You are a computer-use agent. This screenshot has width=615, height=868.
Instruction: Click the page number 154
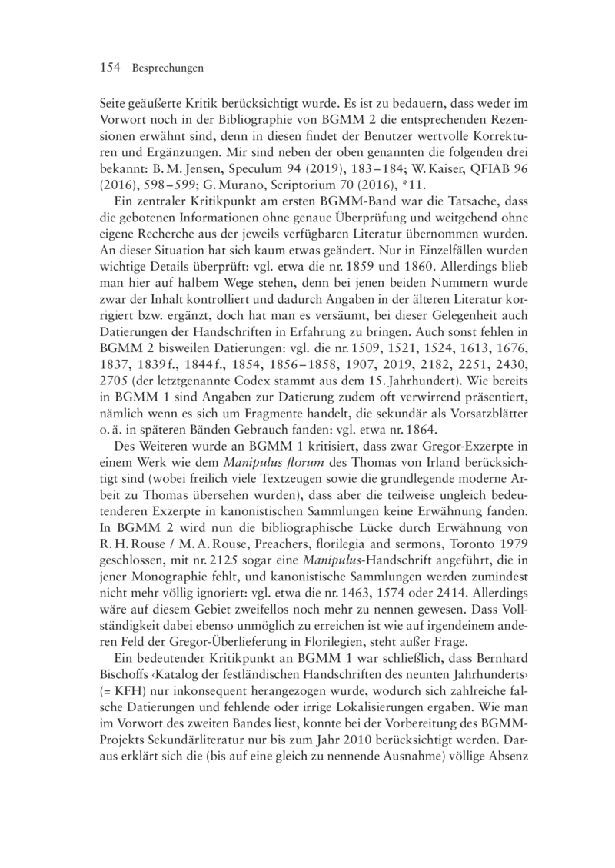point(112,68)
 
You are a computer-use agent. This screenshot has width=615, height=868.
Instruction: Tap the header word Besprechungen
point(167,68)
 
